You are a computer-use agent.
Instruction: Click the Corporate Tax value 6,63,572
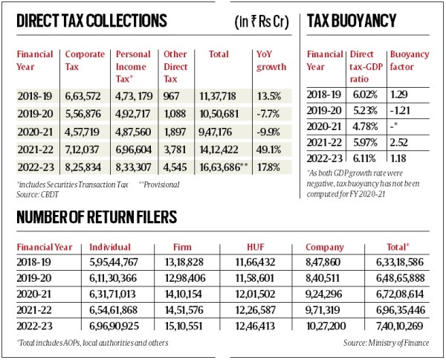(x=84, y=94)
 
